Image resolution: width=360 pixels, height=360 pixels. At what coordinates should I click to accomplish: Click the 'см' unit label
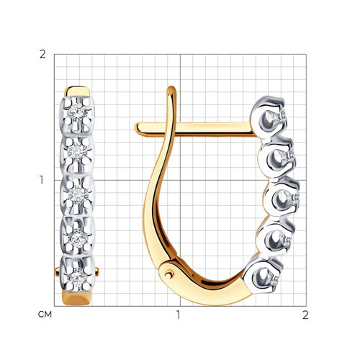point(45,315)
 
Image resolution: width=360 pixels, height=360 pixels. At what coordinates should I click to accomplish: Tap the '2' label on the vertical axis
point(42,55)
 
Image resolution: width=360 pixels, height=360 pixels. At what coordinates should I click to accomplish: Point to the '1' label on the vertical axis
point(42,180)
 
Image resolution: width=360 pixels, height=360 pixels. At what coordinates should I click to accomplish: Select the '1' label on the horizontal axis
point(178,315)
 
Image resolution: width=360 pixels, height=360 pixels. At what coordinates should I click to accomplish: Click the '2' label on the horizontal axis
point(305,315)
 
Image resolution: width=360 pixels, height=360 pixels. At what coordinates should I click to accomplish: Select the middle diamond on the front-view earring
point(77,194)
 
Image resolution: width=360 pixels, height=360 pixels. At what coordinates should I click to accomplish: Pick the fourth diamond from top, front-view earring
point(78,238)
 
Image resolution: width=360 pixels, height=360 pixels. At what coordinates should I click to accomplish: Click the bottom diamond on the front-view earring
point(77,278)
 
